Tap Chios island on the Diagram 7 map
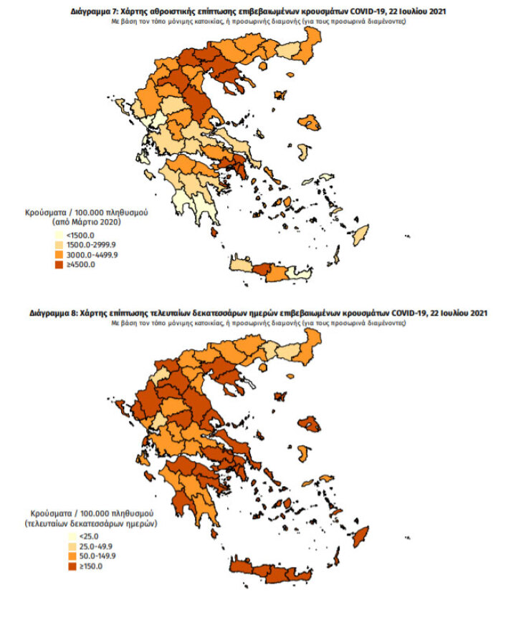pos(303,153)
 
